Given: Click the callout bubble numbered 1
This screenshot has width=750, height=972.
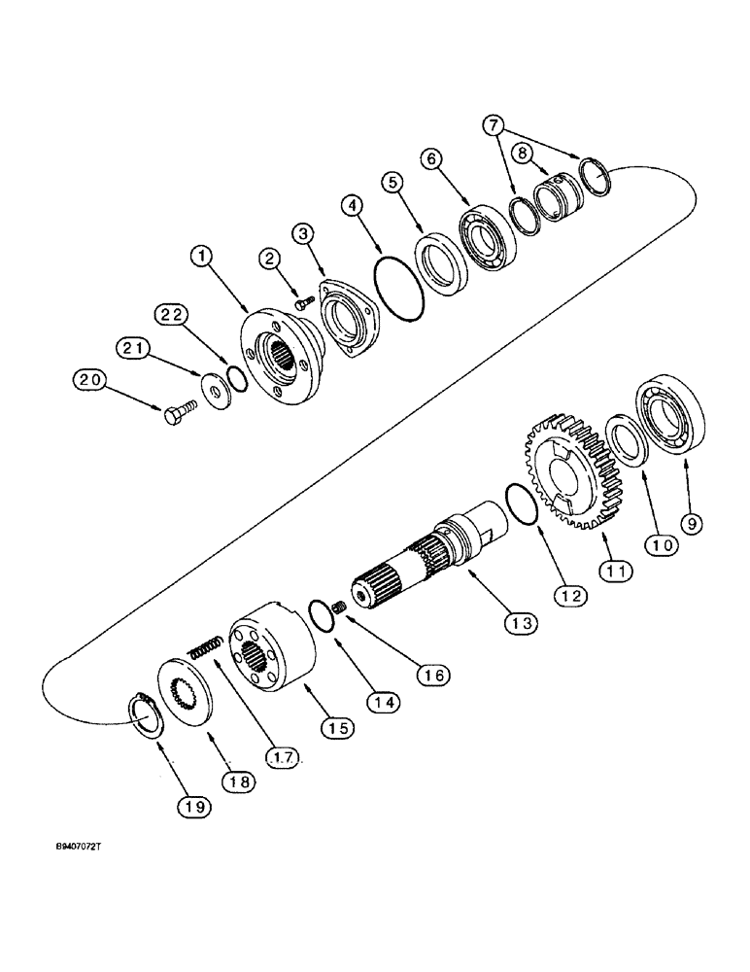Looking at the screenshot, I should click(201, 257).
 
